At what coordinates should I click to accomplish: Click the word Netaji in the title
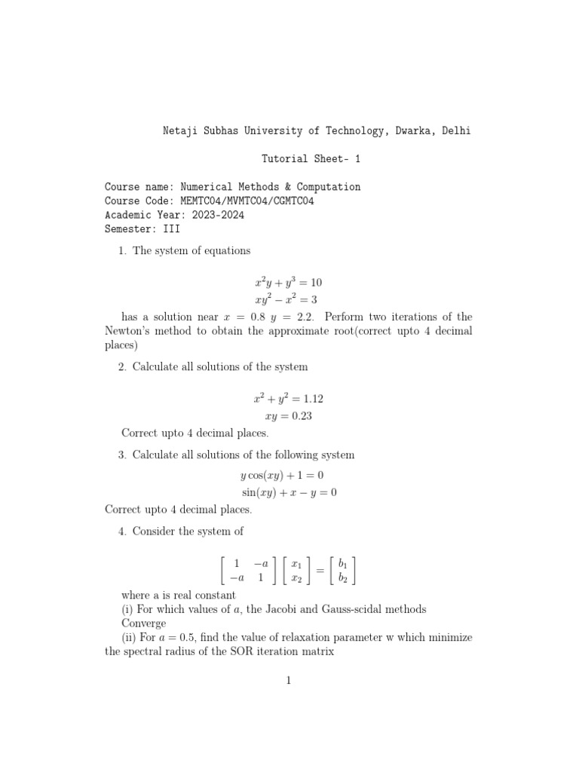click(x=181, y=130)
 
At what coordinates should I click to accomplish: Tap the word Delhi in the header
click(x=455, y=130)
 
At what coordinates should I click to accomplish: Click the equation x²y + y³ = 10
click(x=289, y=283)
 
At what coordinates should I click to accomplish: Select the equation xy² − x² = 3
click(x=289, y=299)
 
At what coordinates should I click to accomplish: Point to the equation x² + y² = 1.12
click(x=289, y=398)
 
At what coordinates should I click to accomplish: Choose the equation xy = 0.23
click(x=289, y=415)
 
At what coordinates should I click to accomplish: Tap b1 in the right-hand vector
click(x=343, y=563)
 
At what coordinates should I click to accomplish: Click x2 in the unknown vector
click(x=296, y=578)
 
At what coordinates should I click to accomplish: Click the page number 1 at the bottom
click(x=289, y=681)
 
